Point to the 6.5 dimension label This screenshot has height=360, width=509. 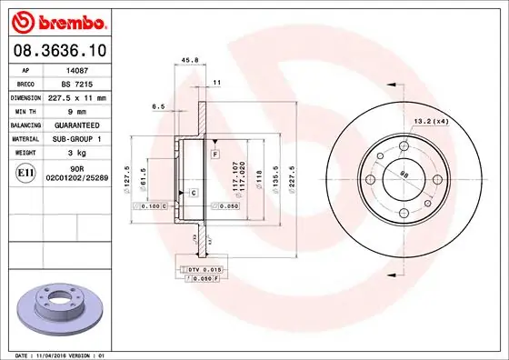tap(157, 106)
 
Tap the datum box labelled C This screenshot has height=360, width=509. tap(194, 193)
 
